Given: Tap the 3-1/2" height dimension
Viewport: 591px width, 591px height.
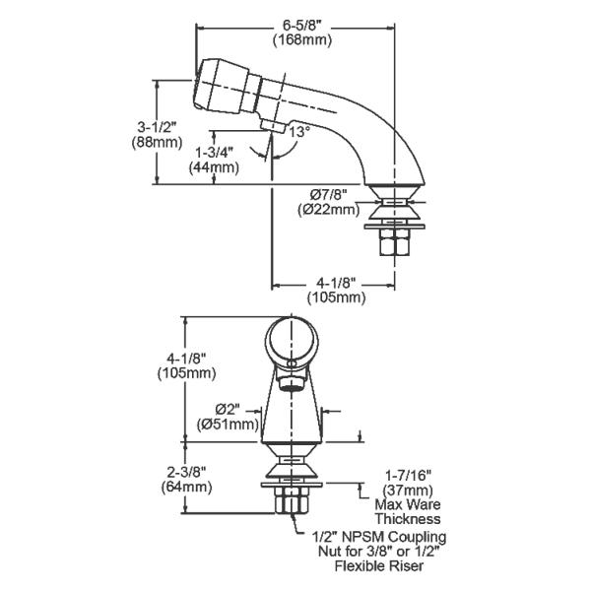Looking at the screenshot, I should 157,126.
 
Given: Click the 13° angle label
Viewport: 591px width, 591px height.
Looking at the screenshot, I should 298,131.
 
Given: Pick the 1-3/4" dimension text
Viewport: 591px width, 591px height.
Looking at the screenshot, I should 216,152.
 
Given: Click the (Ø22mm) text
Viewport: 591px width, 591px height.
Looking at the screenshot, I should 326,209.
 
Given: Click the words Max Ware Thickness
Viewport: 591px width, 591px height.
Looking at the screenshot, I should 407,511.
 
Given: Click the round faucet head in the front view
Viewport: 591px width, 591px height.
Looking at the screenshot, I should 290,345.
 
